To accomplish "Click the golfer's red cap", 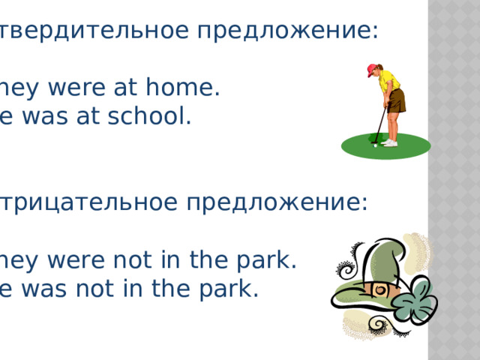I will tap(373, 70).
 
